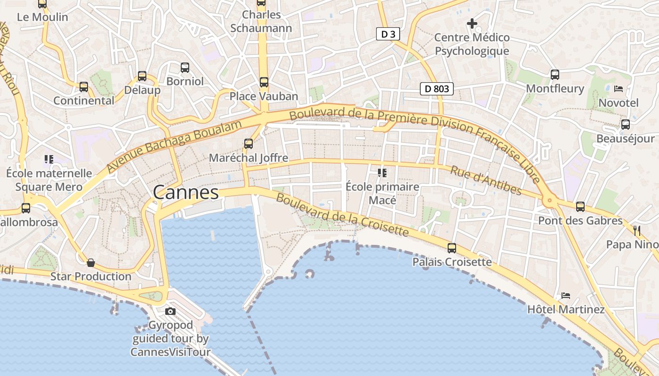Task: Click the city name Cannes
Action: [x=186, y=193]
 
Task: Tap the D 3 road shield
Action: [x=385, y=34]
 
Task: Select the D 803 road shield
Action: [x=437, y=88]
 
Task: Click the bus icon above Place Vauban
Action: [x=264, y=82]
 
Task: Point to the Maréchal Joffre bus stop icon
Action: [x=248, y=144]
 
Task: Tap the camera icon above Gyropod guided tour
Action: [x=170, y=311]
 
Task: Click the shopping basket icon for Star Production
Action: [x=91, y=262]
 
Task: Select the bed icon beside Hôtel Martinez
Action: [x=565, y=296]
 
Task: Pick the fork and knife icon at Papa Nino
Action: [x=637, y=230]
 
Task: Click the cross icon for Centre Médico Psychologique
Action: [x=472, y=23]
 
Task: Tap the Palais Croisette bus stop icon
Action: [x=452, y=248]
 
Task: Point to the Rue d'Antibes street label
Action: [x=486, y=180]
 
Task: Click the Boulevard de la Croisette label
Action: [x=342, y=215]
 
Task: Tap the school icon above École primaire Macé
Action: [x=382, y=173]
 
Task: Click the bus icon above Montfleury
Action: [x=555, y=74]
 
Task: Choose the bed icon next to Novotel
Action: [x=619, y=88]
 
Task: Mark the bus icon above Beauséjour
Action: [x=626, y=125]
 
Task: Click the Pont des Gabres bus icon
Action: [x=580, y=206]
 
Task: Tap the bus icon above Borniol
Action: [x=185, y=68]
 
